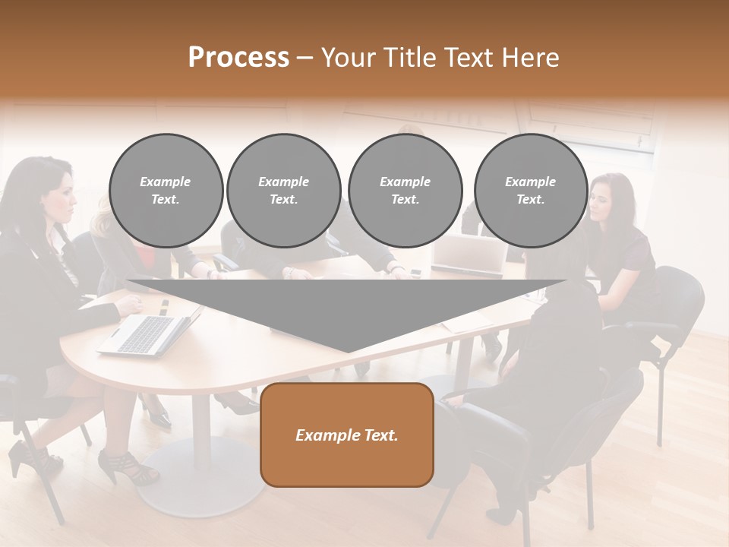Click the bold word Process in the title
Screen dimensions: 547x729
[x=238, y=58]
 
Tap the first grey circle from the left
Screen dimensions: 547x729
[x=166, y=190]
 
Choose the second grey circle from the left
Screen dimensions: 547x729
[x=283, y=190]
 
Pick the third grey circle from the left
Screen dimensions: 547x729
[x=405, y=190]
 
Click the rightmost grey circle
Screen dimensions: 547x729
[x=530, y=190]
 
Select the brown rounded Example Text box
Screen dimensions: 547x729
[x=347, y=435]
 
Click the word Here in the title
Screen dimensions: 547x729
[x=531, y=58]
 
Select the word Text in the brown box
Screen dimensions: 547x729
[x=380, y=435]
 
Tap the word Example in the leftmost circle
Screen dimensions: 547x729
[x=166, y=182]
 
